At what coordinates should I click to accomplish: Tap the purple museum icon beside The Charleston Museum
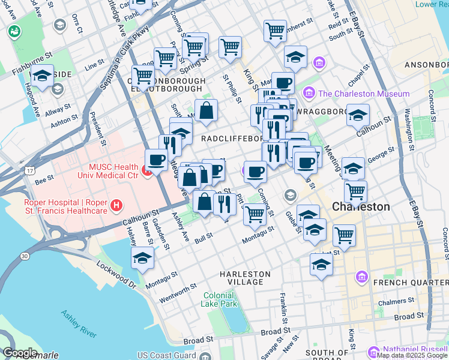click(x=309, y=93)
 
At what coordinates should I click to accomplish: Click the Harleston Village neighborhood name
click(x=241, y=278)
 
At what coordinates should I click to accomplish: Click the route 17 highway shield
click(x=29, y=171)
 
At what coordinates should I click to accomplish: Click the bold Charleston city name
click(x=361, y=206)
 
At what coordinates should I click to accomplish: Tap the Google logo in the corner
click(x=19, y=353)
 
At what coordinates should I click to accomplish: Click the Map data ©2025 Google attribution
click(x=412, y=355)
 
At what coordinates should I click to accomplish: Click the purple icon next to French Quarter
click(x=361, y=276)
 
